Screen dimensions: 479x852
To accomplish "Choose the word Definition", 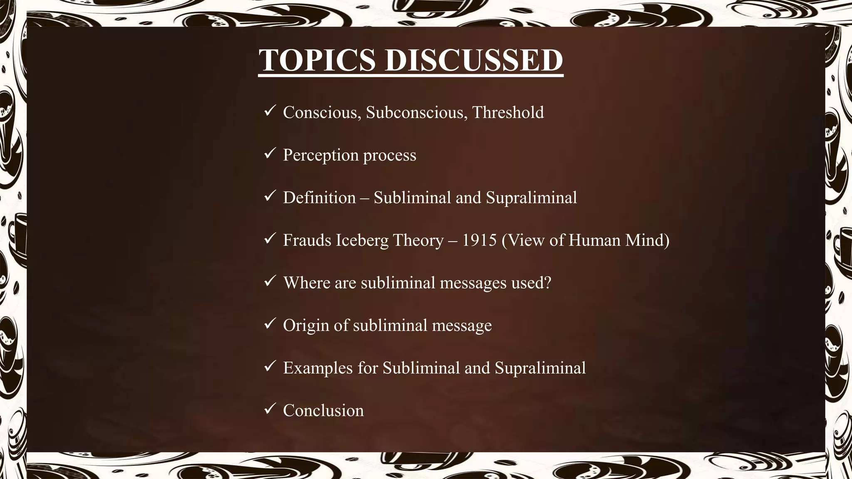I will (319, 198).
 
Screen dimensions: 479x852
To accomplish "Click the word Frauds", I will (307, 240).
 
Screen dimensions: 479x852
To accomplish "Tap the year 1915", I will (480, 240).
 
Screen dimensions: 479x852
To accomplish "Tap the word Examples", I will (317, 368).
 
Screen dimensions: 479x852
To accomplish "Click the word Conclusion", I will (323, 410).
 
